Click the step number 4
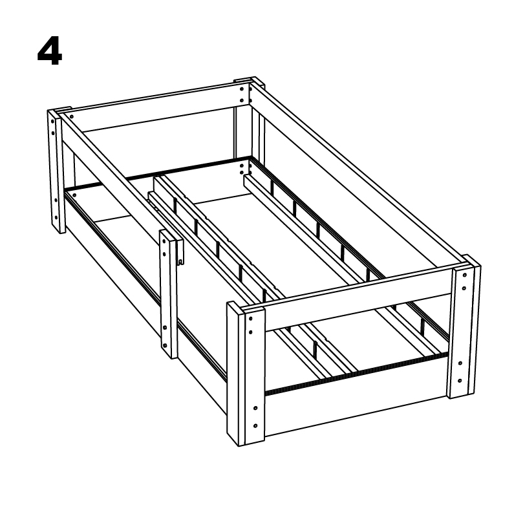tap(50, 51)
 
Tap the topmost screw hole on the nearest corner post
tap(250, 318)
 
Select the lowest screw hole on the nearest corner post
tap(255, 426)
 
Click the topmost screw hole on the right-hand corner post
tap(464, 275)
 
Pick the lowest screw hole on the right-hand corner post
tap(460, 381)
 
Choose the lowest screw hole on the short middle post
tap(165, 345)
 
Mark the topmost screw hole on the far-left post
tap(52, 121)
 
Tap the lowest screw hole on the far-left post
tap(56, 217)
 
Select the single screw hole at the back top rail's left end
tap(72, 116)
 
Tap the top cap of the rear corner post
tap(249, 81)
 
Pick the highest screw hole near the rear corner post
tap(242, 89)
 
